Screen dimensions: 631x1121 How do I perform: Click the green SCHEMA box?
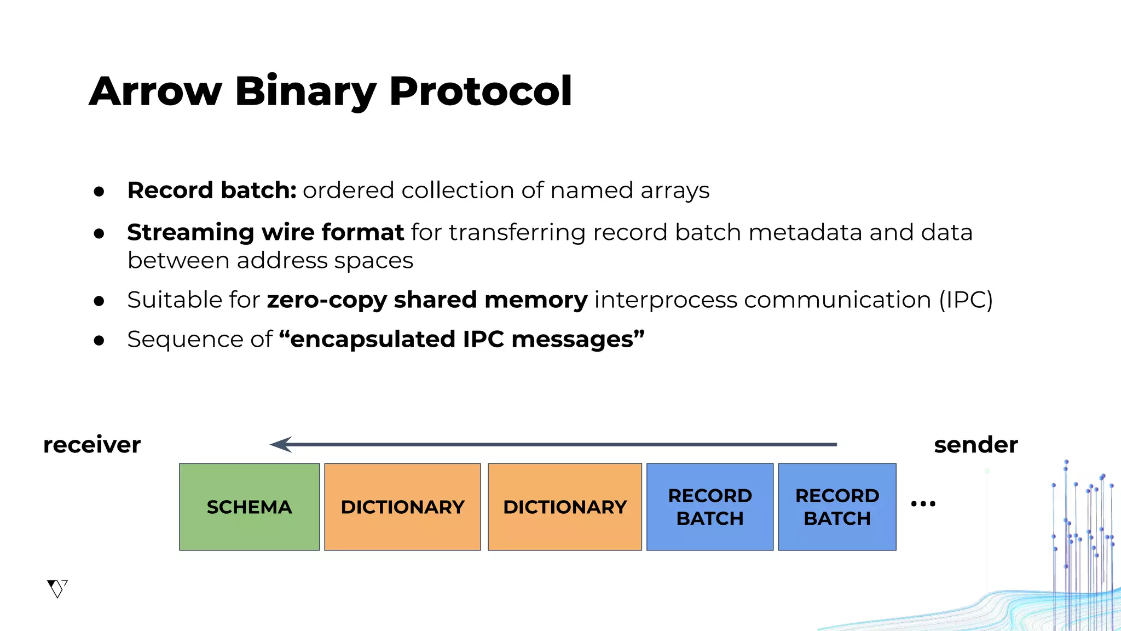(249, 507)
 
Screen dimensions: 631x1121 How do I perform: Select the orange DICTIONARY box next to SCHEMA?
(402, 507)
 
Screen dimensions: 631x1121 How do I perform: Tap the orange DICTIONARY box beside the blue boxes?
(564, 507)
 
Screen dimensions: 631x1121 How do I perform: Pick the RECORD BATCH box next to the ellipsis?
(837, 507)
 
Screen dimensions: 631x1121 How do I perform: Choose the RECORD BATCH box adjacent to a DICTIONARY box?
(710, 507)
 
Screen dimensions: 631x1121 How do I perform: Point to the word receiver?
(92, 444)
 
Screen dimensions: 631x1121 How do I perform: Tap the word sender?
(975, 444)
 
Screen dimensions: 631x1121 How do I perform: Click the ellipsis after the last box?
(923, 503)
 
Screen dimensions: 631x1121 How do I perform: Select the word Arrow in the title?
(155, 91)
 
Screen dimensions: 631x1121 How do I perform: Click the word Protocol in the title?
(480, 91)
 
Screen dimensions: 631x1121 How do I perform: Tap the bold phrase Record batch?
(212, 190)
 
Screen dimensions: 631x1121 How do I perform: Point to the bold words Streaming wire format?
(265, 232)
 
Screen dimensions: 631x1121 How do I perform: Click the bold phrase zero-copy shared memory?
(427, 300)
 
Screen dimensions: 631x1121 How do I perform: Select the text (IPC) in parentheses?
(966, 300)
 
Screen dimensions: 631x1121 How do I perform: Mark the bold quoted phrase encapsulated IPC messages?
(462, 339)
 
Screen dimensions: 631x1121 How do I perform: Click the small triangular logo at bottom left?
(57, 589)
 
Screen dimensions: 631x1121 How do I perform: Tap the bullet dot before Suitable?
(99, 301)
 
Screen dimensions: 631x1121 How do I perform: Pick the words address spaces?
(325, 260)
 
